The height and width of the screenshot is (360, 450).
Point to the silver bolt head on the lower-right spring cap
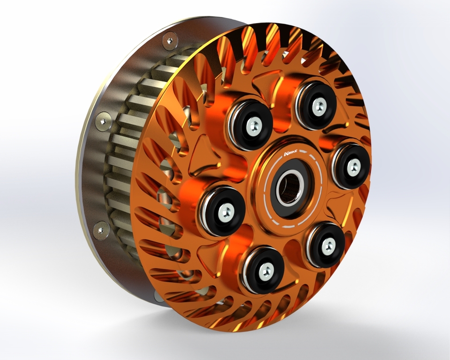(x=328, y=244)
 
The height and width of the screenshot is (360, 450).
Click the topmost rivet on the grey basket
(x=169, y=41)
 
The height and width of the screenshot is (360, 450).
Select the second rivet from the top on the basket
(x=103, y=121)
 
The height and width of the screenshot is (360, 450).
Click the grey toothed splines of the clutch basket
(x=127, y=155)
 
